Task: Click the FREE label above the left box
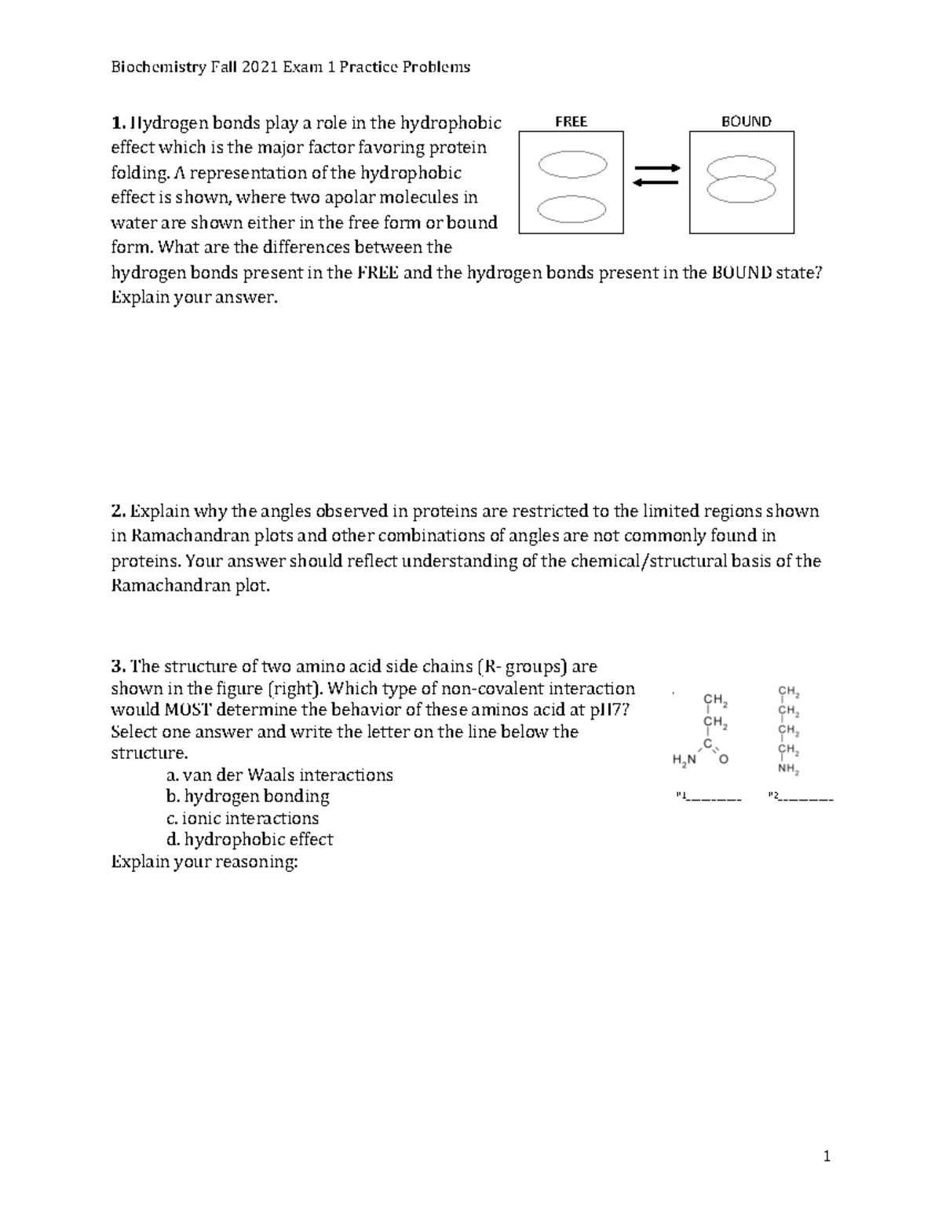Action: pyautogui.click(x=571, y=122)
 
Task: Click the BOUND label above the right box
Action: pyautogui.click(x=746, y=121)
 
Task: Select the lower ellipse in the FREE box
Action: pyautogui.click(x=572, y=209)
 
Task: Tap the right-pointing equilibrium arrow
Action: pyautogui.click(x=656, y=168)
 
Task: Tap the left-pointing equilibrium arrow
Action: pyautogui.click(x=655, y=183)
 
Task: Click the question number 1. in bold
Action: pyautogui.click(x=118, y=123)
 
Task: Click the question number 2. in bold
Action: pyautogui.click(x=118, y=511)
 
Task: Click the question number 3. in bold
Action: pyautogui.click(x=118, y=667)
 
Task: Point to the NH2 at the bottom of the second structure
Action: pyautogui.click(x=789, y=771)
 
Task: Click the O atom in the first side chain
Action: pyautogui.click(x=724, y=760)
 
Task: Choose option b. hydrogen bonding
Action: pyautogui.click(x=247, y=797)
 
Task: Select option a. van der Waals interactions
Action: pyautogui.click(x=279, y=775)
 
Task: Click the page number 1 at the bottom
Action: pyautogui.click(x=827, y=1156)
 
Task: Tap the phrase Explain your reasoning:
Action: pyautogui.click(x=204, y=862)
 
